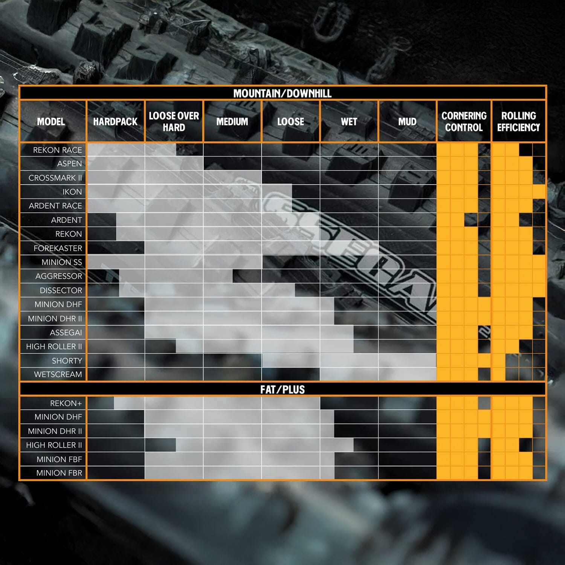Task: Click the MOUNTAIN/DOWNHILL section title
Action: (282, 93)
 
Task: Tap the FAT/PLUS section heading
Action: (282, 389)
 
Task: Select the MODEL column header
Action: (51, 122)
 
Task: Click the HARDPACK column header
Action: (115, 122)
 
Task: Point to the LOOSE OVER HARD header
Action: (174, 122)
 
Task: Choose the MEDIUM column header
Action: (232, 122)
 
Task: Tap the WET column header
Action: (349, 122)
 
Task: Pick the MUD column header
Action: (407, 122)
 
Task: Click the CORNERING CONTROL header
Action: (464, 122)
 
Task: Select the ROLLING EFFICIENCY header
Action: (518, 122)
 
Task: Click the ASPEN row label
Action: (69, 163)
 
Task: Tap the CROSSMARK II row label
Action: (55, 178)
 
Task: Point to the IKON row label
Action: (72, 192)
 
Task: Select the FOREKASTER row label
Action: (58, 248)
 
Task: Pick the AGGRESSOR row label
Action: (58, 276)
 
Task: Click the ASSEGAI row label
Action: (66, 333)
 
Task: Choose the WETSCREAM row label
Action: (58, 374)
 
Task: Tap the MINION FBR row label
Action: (59, 473)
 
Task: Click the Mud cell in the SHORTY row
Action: (407, 360)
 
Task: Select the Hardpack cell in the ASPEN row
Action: (115, 163)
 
